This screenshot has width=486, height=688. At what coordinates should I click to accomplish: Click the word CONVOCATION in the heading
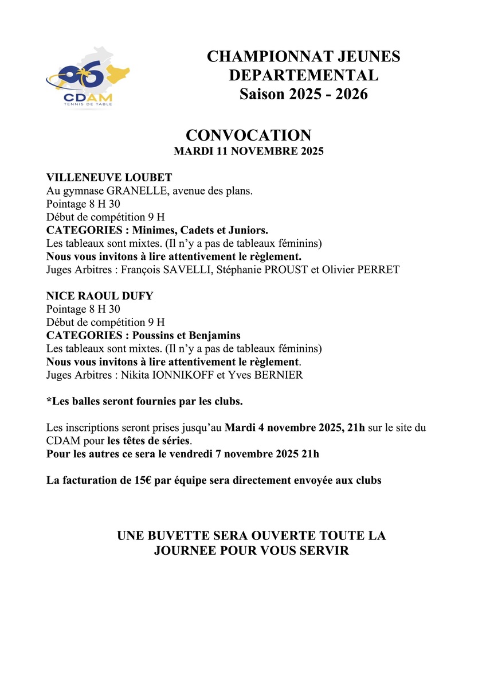(x=248, y=135)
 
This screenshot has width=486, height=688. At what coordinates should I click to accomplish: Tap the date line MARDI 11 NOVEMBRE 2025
(x=248, y=152)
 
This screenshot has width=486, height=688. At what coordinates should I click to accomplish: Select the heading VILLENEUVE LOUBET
(x=109, y=177)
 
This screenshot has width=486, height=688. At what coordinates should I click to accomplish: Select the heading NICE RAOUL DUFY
(x=100, y=296)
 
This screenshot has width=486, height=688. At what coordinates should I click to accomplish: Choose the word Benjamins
(x=213, y=335)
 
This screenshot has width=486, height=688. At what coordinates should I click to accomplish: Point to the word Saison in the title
(x=261, y=94)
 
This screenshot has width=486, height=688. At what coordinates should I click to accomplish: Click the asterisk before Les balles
(x=49, y=401)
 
